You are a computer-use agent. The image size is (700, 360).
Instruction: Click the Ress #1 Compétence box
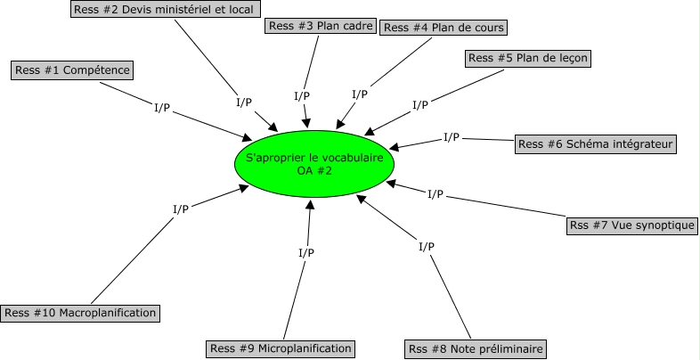[71, 70]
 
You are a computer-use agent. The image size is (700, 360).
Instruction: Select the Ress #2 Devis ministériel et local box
[165, 10]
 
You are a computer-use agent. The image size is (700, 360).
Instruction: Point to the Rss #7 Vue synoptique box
[631, 225]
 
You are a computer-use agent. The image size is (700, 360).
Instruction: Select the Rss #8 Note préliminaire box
[475, 348]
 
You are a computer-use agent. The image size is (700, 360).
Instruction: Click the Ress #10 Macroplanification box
[81, 313]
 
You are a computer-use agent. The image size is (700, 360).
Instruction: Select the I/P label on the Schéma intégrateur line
[451, 137]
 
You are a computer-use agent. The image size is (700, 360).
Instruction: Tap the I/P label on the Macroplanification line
[181, 209]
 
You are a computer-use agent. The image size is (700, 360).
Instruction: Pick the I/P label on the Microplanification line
[305, 252]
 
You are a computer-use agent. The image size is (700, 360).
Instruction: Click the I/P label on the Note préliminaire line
[427, 246]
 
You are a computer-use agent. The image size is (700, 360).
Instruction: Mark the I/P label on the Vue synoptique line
[435, 193]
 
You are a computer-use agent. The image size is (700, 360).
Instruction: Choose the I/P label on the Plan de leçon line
[420, 105]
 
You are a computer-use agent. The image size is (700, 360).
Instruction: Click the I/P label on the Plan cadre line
[302, 96]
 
